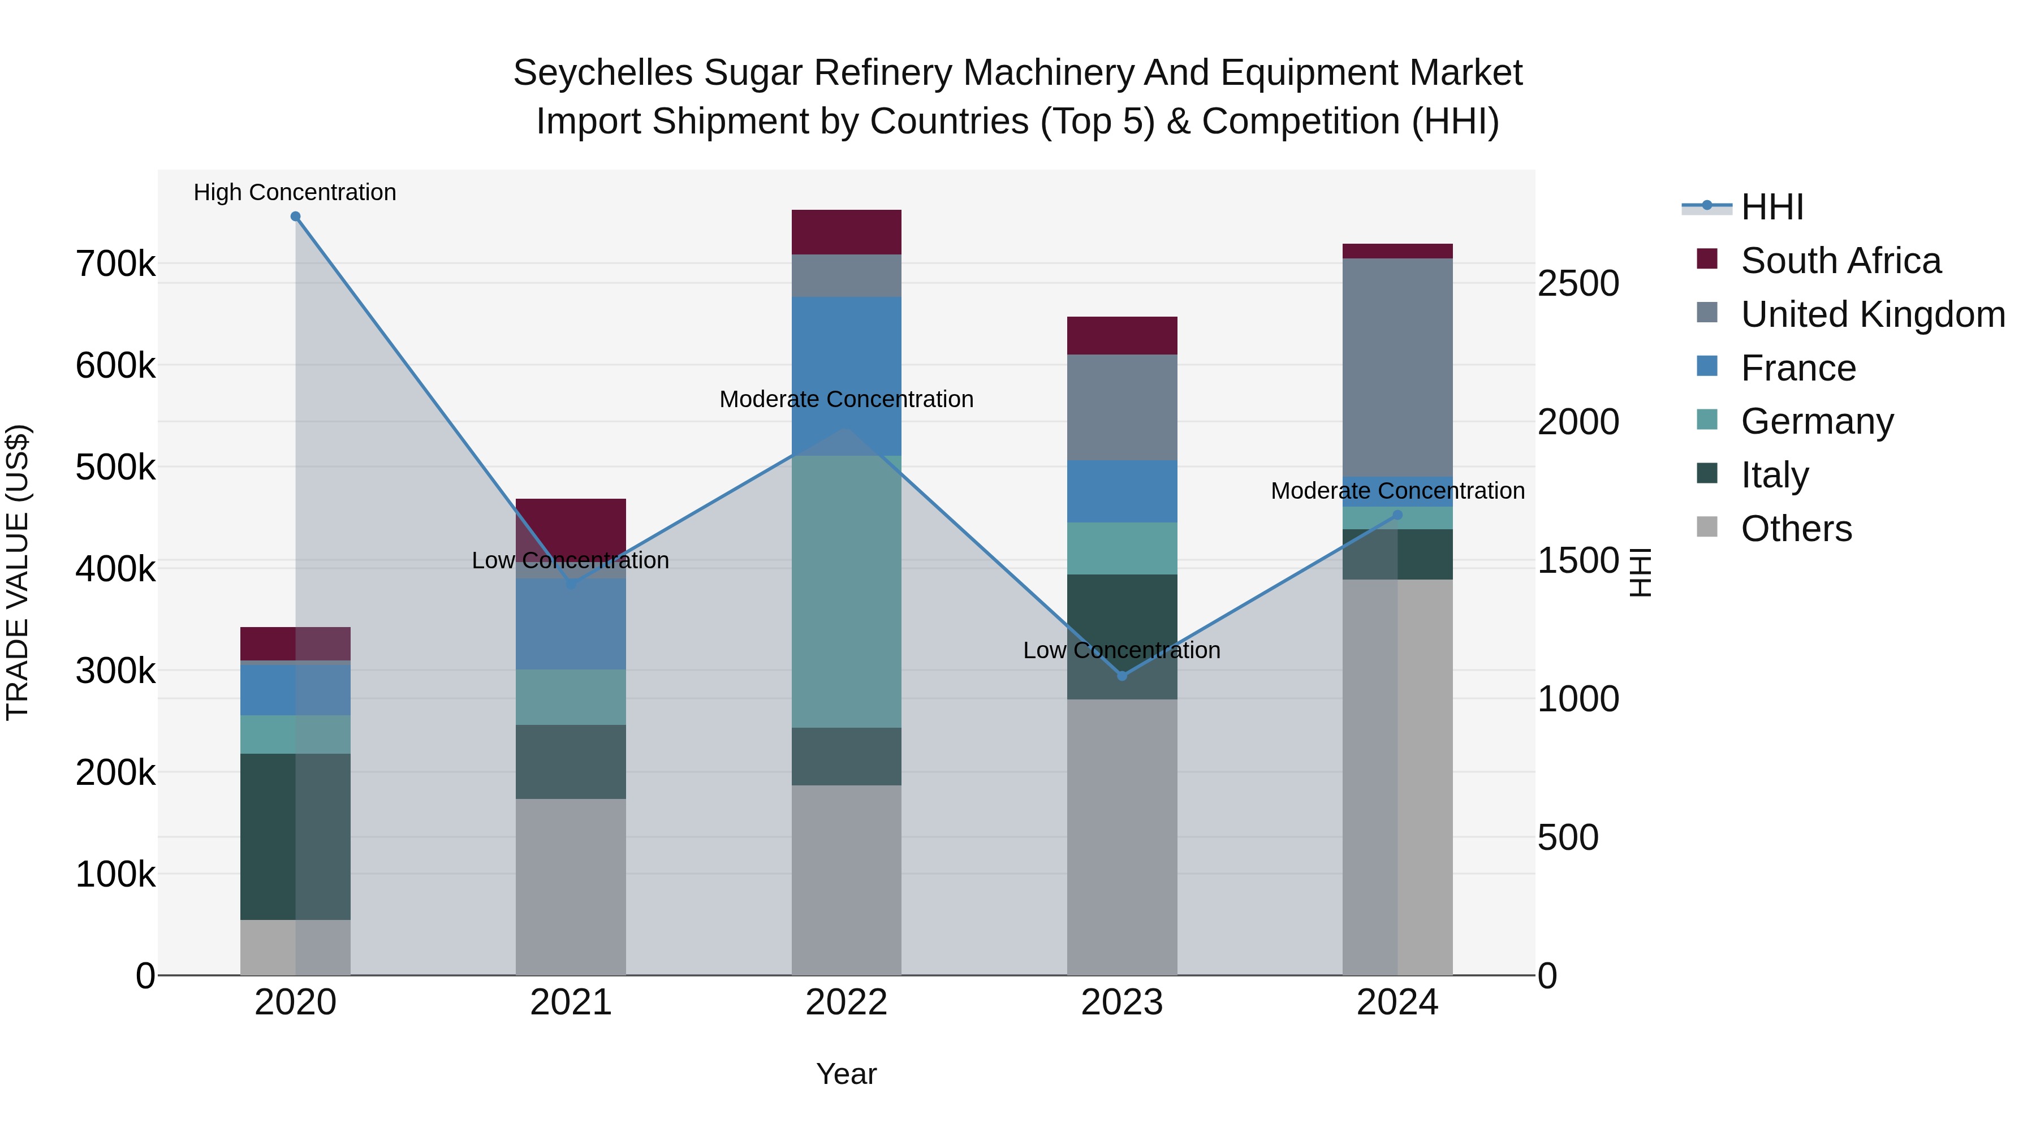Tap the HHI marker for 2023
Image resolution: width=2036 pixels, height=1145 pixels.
[1121, 676]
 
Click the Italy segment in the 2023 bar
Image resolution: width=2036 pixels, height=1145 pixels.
[1121, 636]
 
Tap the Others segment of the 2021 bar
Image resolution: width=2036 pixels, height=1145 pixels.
[571, 886]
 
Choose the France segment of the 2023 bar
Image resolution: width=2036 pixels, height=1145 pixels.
[1121, 491]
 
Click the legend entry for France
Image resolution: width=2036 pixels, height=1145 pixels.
[1798, 368]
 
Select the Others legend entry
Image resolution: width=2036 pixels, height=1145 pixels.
[1796, 529]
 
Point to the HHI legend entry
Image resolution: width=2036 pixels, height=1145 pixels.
[1771, 207]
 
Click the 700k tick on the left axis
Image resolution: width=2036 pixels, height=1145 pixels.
[115, 264]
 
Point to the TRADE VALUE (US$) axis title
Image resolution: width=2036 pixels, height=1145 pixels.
[18, 572]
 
